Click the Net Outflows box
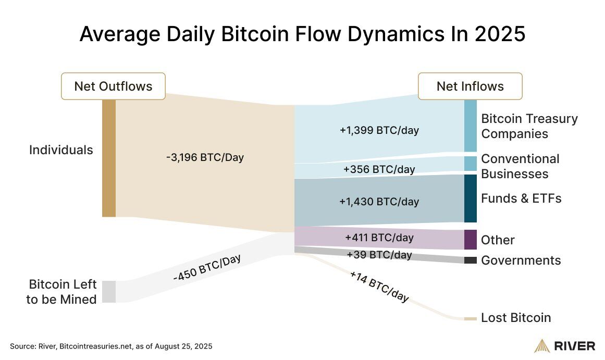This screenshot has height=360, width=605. coord(113,86)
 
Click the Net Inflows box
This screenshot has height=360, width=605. coord(470,86)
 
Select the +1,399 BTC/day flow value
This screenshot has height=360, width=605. coord(379,130)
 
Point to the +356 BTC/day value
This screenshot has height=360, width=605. coord(379,169)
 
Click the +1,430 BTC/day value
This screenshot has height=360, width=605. coord(379,201)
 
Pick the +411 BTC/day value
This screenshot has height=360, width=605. coord(379,238)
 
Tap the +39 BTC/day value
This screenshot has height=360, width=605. coord(379,255)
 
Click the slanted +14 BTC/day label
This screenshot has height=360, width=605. coord(379,287)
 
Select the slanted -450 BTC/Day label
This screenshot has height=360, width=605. coord(207,269)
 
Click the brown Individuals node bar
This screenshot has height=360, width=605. coord(108,158)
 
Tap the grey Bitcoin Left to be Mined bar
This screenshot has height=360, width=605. coord(108,291)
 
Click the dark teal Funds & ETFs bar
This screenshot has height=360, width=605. coord(470,198)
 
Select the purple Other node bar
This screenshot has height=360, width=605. coord(470,240)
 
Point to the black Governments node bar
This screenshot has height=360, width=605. coord(470,260)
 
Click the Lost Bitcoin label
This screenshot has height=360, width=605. coord(515,318)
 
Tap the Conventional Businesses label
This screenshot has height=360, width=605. coord(520,166)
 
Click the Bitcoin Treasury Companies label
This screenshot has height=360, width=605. coord(529,126)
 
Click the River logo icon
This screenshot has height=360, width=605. coord(542,346)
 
